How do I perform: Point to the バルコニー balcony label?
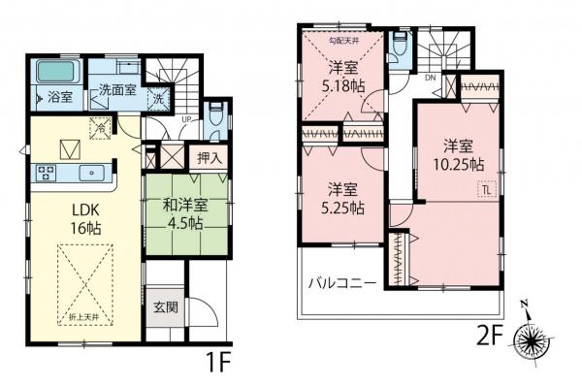341,283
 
